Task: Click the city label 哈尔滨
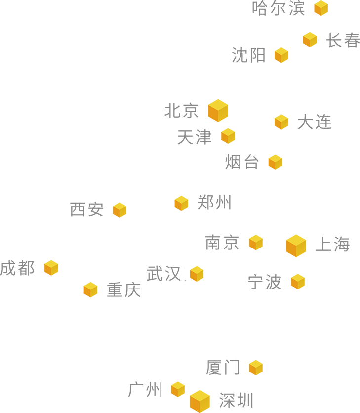click(276, 8)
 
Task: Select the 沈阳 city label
click(249, 55)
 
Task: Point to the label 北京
click(181, 110)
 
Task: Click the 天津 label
click(194, 137)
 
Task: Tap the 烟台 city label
click(241, 162)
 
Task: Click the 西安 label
click(87, 208)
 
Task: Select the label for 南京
click(222, 243)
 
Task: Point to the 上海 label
click(332, 244)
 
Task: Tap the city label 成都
click(18, 268)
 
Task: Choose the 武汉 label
click(164, 273)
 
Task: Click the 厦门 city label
click(218, 366)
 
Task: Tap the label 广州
click(144, 389)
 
